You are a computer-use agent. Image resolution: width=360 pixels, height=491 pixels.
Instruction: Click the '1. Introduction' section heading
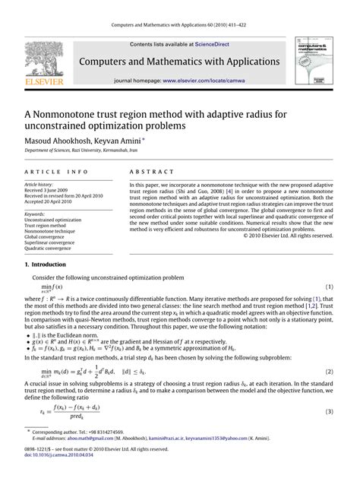pos(46,264)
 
